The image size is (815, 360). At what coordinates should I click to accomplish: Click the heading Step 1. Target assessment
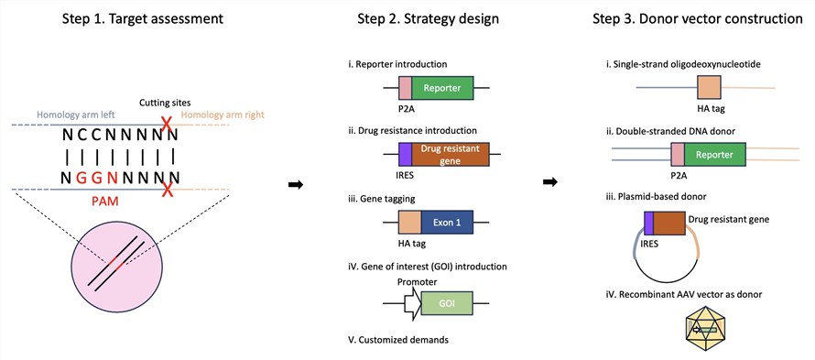click(143, 19)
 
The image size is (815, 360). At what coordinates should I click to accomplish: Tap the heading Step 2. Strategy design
click(428, 19)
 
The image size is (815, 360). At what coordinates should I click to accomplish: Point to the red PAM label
click(104, 201)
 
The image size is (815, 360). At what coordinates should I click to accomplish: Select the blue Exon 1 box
click(447, 224)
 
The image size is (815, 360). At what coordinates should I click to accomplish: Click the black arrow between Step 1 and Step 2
click(296, 185)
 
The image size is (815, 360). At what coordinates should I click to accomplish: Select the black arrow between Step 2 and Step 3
click(550, 181)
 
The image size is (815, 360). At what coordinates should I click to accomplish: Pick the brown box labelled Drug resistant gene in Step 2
click(451, 154)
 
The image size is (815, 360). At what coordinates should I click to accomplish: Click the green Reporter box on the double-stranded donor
click(715, 155)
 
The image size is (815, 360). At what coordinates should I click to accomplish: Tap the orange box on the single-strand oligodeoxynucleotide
click(709, 88)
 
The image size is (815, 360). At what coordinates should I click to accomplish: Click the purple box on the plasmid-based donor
click(648, 221)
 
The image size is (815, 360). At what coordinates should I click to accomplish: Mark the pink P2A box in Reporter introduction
click(406, 88)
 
